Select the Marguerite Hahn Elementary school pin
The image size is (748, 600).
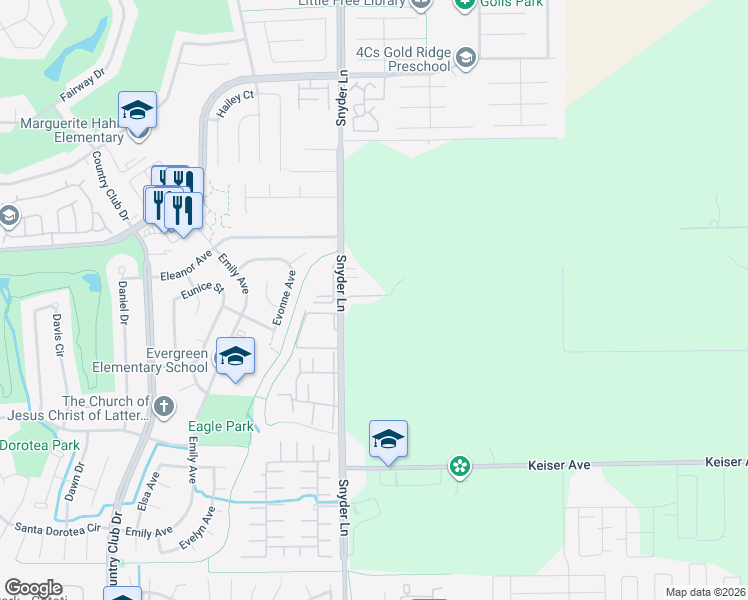[x=137, y=111]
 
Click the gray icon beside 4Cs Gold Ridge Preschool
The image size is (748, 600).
[x=465, y=59]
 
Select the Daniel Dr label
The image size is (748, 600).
[x=123, y=301]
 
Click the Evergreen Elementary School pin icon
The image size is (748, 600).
[x=235, y=357]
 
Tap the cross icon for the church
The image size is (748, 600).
[x=164, y=406]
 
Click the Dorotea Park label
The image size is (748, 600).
[x=39, y=444]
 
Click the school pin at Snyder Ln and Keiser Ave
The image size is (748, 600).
[x=388, y=439]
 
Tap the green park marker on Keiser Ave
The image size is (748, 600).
[x=459, y=466]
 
